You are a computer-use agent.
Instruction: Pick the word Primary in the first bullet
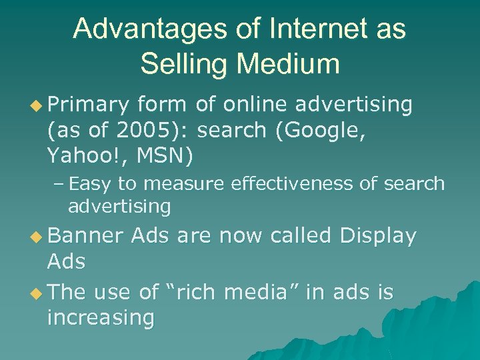coord(87,105)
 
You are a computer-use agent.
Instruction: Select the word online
coord(257,105)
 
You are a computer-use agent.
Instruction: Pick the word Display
coord(377,236)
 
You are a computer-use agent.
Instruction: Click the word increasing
coord(101,318)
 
